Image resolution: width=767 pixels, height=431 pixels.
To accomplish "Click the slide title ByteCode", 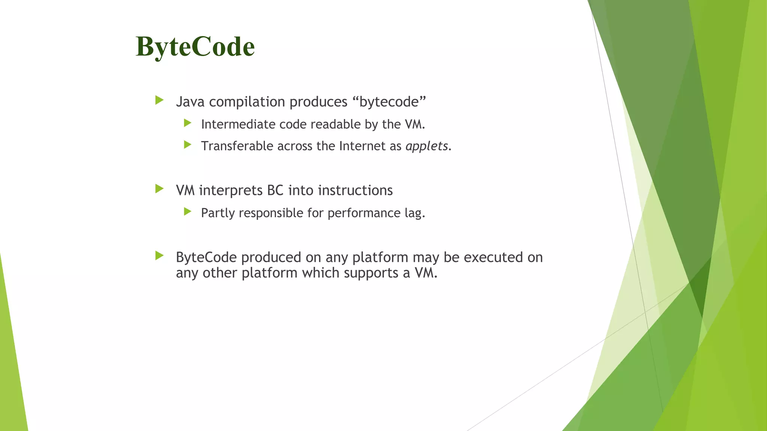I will [x=195, y=47].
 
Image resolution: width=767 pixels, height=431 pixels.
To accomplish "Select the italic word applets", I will [x=427, y=146].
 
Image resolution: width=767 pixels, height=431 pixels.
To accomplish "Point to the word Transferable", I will [x=237, y=146].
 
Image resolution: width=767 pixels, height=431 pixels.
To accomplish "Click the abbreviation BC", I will [x=275, y=190].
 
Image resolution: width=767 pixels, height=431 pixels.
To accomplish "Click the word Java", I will [x=190, y=102].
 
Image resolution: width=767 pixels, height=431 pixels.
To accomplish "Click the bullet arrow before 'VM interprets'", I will [x=160, y=189].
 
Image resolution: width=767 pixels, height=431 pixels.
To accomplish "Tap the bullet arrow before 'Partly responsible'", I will [x=188, y=212].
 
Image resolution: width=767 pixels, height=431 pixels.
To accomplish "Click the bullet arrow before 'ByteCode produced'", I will [x=160, y=256].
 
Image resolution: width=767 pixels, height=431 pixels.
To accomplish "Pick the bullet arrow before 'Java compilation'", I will [x=160, y=100].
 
